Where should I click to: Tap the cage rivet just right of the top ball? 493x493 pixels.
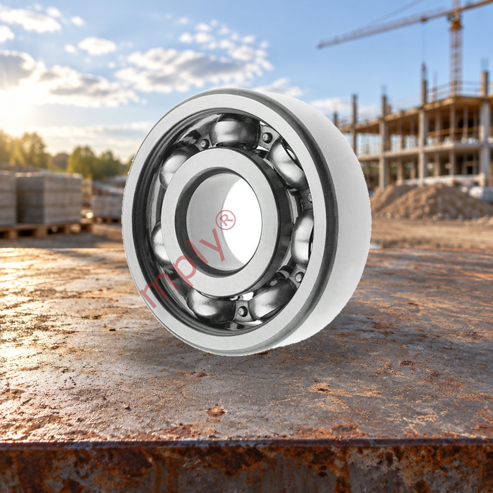tap(267, 137)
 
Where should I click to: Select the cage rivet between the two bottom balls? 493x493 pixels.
tap(242, 311)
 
